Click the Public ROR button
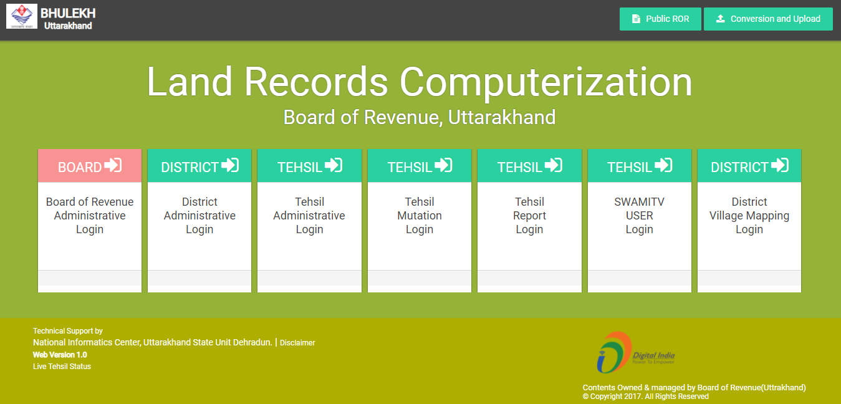(660, 19)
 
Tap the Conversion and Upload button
(768, 19)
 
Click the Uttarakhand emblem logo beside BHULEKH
(22, 16)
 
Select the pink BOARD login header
(90, 166)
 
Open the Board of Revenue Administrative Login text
(90, 216)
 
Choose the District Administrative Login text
(199, 216)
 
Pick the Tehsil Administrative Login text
(309, 216)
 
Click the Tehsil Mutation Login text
(420, 216)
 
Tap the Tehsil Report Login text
(529, 216)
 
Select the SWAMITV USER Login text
(640, 216)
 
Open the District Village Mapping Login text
(749, 216)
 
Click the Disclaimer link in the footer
(297, 343)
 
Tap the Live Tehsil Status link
(62, 367)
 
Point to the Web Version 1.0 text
(60, 355)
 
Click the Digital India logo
(635, 353)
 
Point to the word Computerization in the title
(546, 82)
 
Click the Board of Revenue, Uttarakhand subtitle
(420, 117)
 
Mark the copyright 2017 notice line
(646, 397)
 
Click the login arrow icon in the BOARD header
(113, 165)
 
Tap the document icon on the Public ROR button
(636, 19)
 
